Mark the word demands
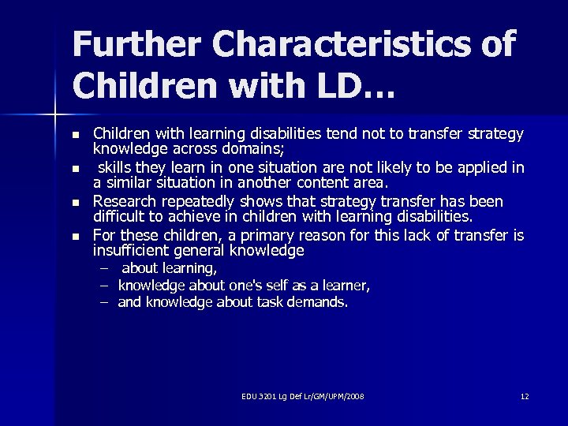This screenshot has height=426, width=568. coord(319,301)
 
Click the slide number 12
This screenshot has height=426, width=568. coord(525,395)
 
